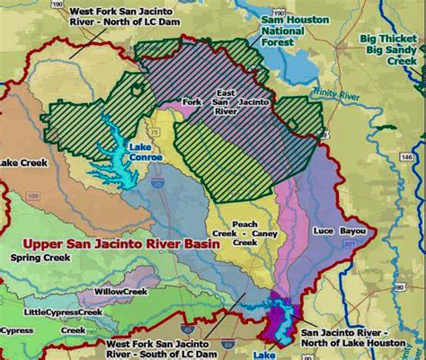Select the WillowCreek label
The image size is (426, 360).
pyautogui.click(x=123, y=292)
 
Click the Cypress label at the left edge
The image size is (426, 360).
pyautogui.click(x=16, y=330)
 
